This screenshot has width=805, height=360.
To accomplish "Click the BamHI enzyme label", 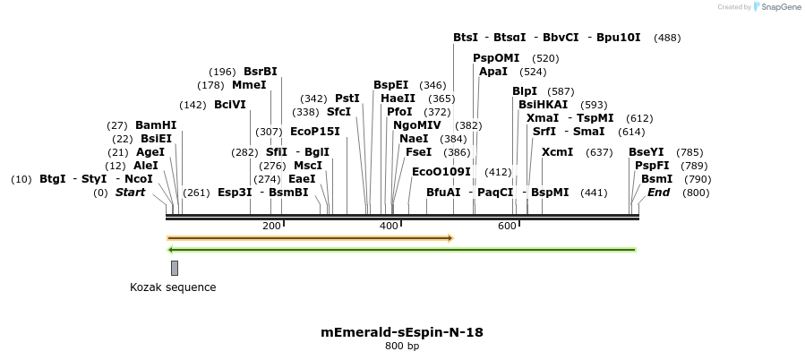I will [x=156, y=125].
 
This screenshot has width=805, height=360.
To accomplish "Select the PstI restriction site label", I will [x=347, y=99].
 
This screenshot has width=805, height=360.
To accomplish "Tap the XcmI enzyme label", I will [x=557, y=152].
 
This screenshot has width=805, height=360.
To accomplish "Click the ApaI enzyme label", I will [x=493, y=72].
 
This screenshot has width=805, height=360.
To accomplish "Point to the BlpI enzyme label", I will [x=525, y=91].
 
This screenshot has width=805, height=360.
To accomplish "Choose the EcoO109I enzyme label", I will [x=441, y=172].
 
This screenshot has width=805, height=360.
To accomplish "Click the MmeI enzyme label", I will [x=249, y=85].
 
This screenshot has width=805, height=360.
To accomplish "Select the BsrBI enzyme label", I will [x=261, y=72].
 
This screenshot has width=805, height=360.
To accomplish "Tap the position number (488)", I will [x=667, y=38].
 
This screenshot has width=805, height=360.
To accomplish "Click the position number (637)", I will [x=599, y=152].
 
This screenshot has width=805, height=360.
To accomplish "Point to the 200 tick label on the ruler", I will [x=271, y=226].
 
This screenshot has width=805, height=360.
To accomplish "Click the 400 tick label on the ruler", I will [x=389, y=226].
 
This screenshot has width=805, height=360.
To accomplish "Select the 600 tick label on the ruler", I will [x=507, y=226].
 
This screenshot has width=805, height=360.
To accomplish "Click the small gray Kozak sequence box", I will [x=175, y=268].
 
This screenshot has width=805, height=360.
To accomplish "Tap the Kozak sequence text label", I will [x=173, y=287].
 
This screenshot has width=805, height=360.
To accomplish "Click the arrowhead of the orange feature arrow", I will [x=450, y=238].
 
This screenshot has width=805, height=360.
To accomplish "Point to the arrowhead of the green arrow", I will [x=171, y=250].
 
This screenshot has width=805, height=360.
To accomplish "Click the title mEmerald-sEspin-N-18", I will [x=402, y=332].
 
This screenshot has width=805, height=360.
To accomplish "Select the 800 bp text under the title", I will [x=402, y=347].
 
